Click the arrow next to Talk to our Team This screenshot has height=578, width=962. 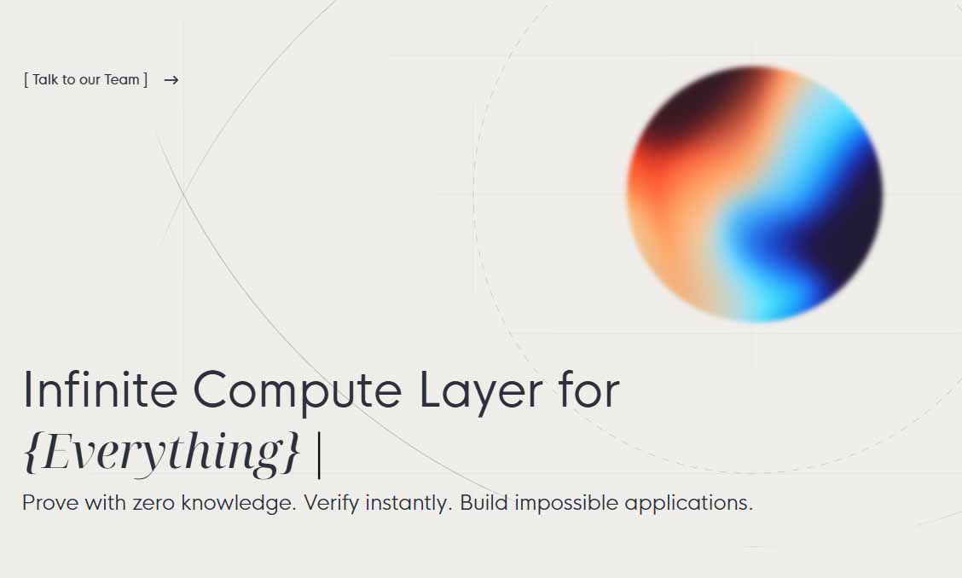click(171, 80)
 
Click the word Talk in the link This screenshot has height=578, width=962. click(45, 79)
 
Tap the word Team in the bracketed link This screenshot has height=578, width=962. click(121, 79)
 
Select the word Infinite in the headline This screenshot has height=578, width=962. click(100, 390)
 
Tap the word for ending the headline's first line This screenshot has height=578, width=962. click(589, 390)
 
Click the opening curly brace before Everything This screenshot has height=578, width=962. click(32, 452)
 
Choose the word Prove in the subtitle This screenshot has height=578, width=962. click(50, 503)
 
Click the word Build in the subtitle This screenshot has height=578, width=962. click(484, 503)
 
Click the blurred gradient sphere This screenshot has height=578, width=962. click(754, 194)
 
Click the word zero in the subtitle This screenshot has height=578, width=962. click(154, 505)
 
